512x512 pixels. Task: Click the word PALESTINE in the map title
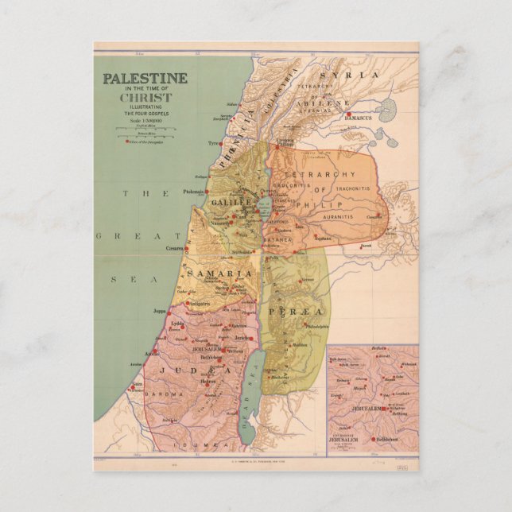[x=144, y=79]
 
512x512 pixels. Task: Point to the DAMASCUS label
[x=364, y=122]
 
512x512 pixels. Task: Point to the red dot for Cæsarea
[x=189, y=249]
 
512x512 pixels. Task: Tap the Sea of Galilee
[x=265, y=210]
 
